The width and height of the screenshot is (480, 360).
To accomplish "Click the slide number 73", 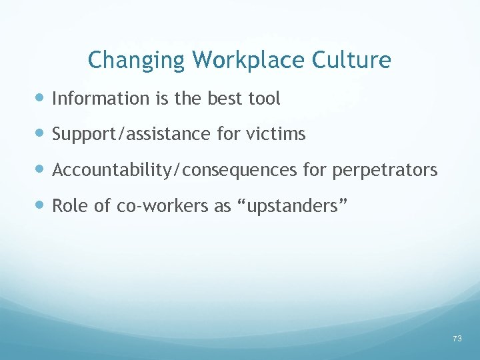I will pos(457,339).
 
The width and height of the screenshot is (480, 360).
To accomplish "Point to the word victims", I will pos(275,135).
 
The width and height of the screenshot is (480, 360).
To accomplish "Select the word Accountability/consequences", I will pos(175,171).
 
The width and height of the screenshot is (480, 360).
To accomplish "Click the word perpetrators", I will pos(385,171).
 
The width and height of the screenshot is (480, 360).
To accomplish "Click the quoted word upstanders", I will pos(291,207).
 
